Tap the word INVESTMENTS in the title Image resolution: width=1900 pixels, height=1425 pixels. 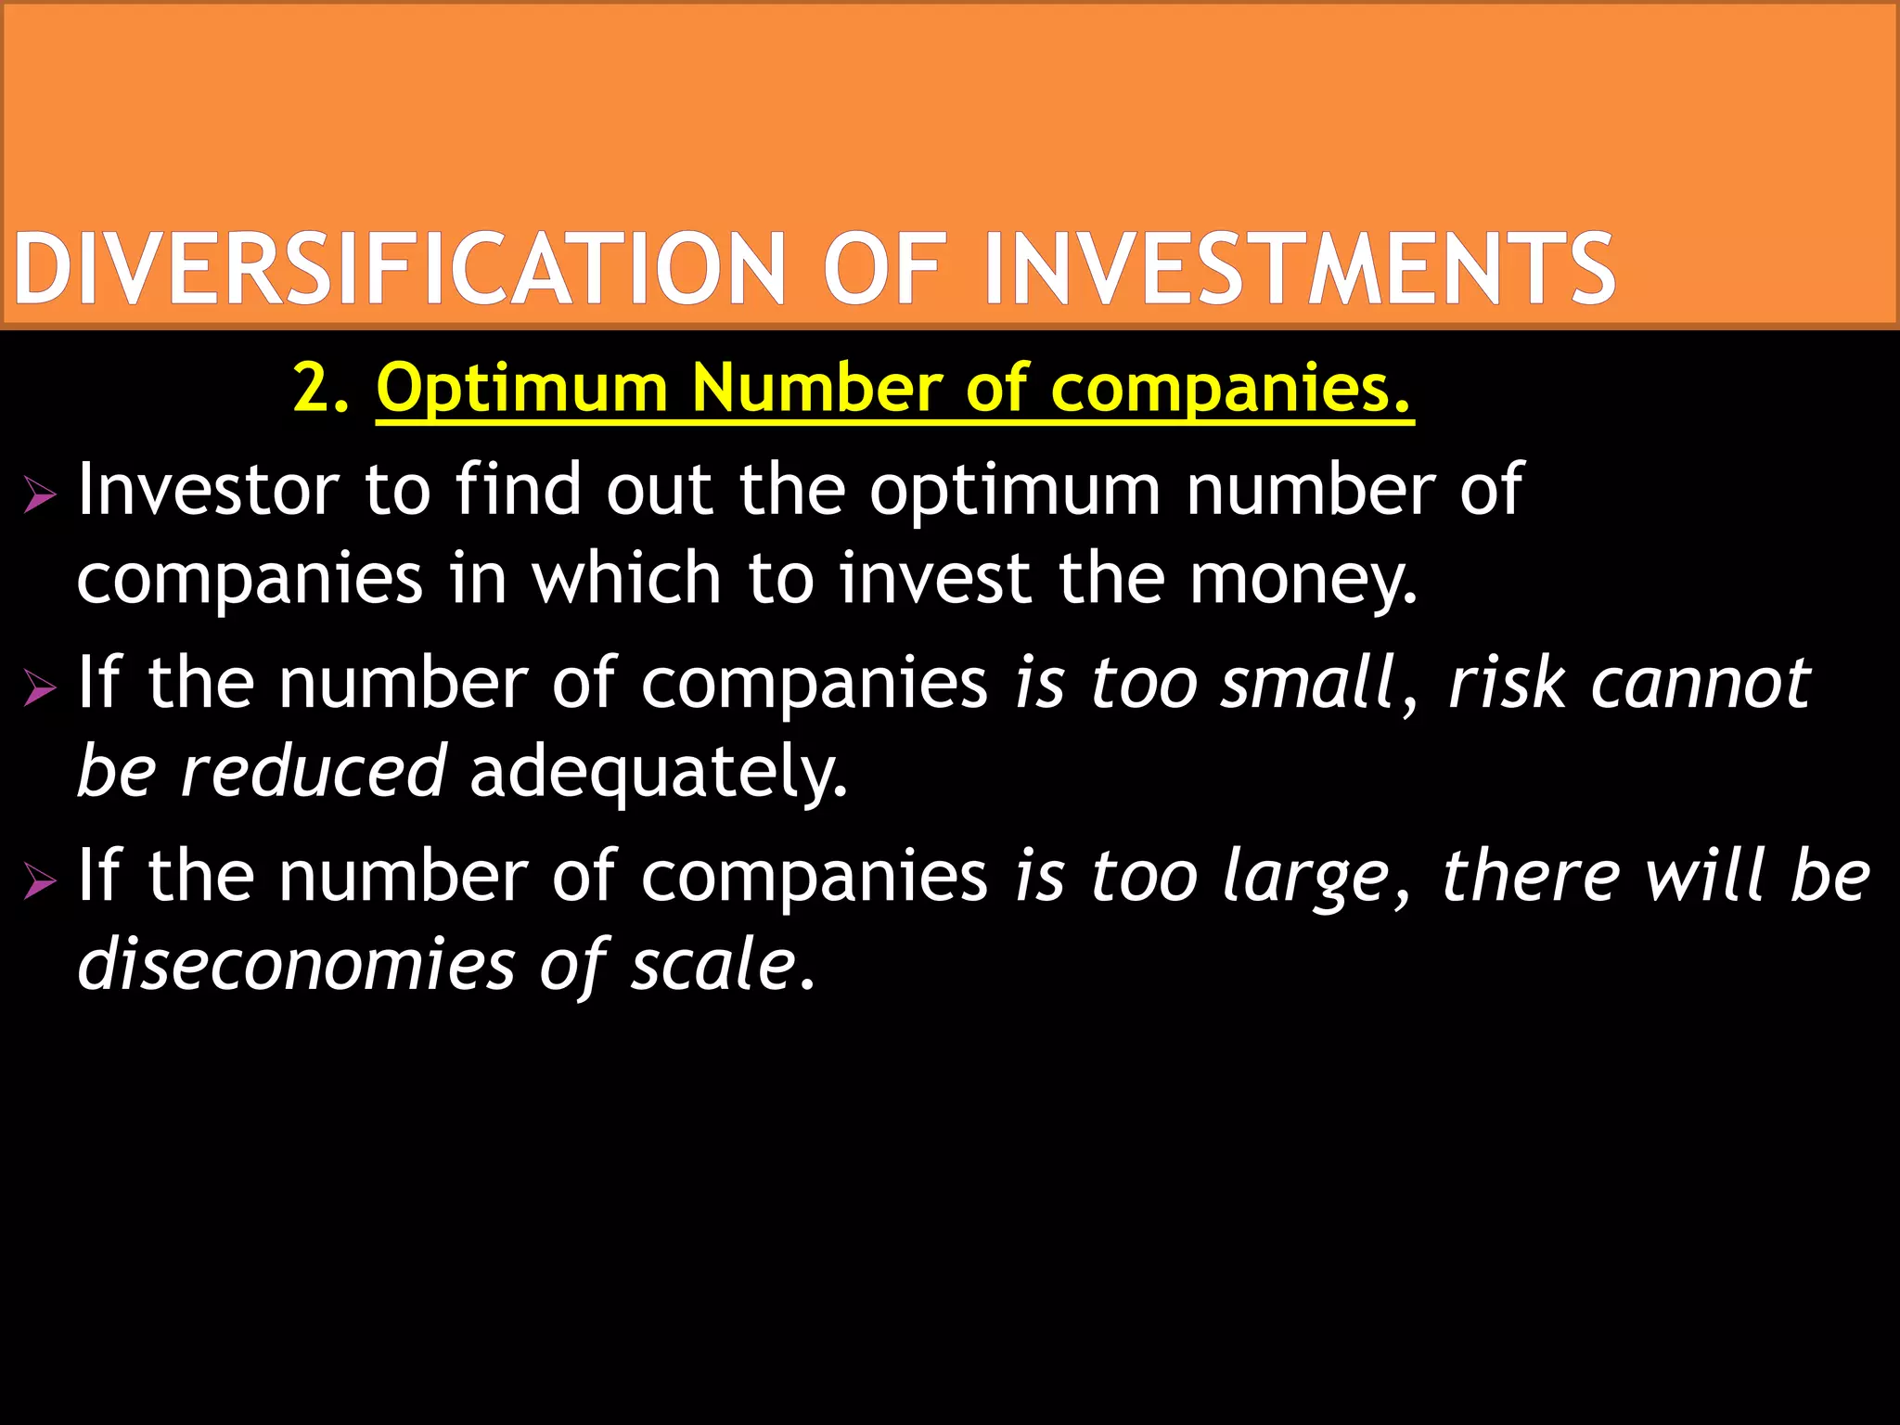coord(1299,269)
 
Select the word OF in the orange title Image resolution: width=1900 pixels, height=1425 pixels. coord(884,269)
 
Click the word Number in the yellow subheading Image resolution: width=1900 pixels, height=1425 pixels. coord(816,388)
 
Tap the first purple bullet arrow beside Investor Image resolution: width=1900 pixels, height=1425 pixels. coord(40,496)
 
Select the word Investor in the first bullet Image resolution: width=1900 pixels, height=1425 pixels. coord(209,490)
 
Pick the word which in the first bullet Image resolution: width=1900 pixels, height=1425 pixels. coord(626,578)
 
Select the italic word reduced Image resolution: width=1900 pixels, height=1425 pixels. coord(314,772)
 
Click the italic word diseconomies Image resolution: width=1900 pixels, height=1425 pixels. coord(296,965)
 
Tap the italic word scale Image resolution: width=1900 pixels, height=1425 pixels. coord(713,965)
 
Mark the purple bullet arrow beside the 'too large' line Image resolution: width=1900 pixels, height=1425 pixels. coord(40,880)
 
